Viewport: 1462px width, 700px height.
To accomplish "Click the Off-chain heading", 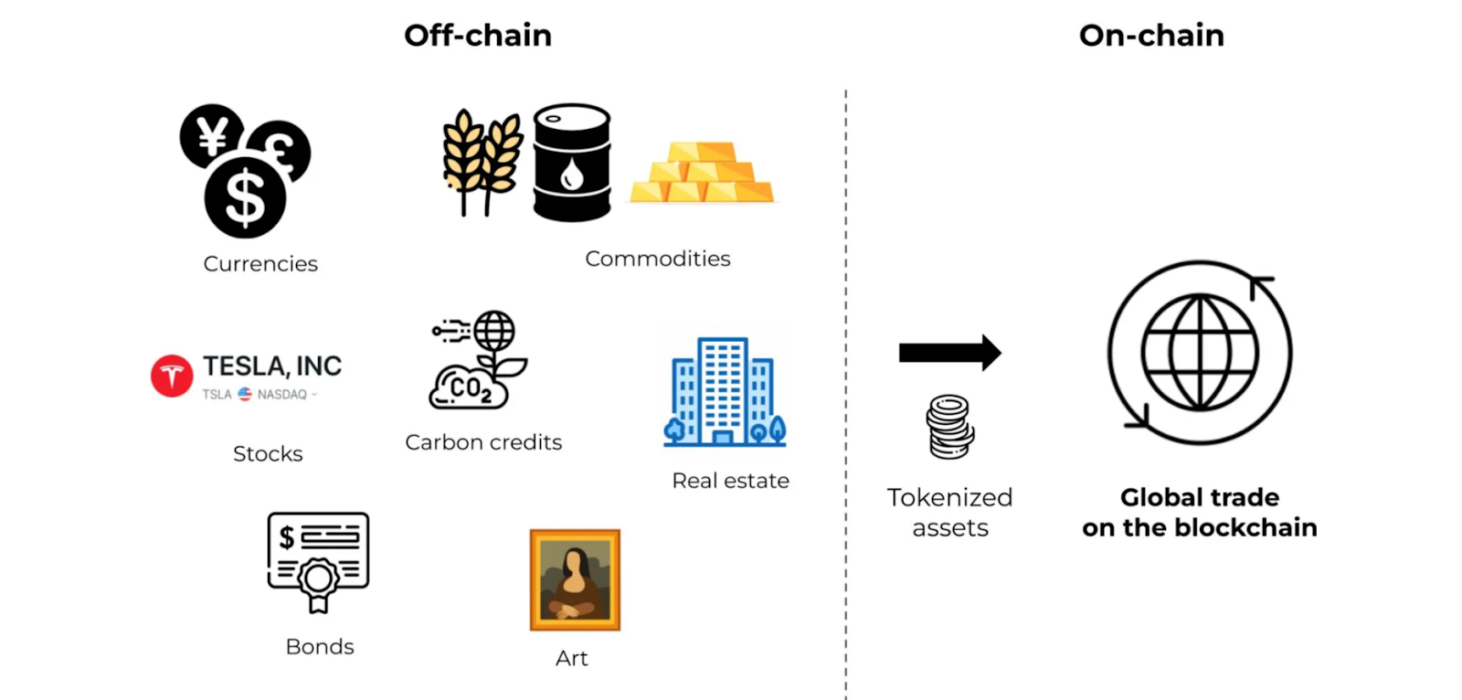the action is tap(478, 36).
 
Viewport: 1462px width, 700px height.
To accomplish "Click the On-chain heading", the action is tap(1151, 36).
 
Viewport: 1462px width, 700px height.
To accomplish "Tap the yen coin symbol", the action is tap(211, 136).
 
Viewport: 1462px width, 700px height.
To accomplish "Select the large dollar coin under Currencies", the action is tap(245, 198).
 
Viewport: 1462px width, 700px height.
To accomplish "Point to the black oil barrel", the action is tap(572, 163).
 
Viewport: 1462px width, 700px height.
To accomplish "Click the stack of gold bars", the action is tap(702, 172).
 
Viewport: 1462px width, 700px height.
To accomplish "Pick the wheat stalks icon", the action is tap(482, 162).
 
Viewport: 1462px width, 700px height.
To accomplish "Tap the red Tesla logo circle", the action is tap(172, 376).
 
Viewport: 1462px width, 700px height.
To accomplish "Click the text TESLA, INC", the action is tap(272, 366).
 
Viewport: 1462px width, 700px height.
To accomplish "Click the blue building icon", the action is tap(725, 392).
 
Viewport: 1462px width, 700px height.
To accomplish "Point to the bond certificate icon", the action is tap(318, 563).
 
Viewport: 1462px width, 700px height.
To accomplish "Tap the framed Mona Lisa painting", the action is tap(575, 580).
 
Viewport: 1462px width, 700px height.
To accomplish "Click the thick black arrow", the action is tap(949, 353).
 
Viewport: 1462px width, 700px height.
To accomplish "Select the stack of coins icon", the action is tap(950, 427).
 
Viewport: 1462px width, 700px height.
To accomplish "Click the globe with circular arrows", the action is tap(1200, 353).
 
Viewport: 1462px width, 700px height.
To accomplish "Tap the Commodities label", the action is tap(657, 259).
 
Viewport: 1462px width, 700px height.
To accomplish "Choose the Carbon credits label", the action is tap(483, 442).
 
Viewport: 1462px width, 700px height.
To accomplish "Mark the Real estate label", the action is tap(730, 481).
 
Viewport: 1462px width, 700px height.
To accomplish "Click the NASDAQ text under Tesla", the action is tap(282, 395).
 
